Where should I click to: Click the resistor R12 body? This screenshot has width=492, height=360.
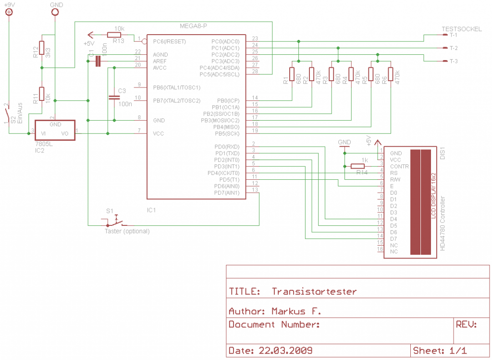(42, 48)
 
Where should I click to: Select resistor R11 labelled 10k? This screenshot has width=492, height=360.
(42, 94)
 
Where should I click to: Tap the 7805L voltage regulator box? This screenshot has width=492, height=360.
(55, 130)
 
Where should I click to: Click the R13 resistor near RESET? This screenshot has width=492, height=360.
(114, 35)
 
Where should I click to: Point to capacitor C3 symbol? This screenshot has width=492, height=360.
(114, 97)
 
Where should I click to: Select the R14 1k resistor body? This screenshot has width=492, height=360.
(357, 166)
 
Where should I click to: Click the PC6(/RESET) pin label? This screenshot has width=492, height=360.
(169, 42)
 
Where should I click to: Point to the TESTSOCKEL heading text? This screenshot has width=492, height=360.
(461, 29)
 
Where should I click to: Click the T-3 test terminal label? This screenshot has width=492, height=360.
(453, 61)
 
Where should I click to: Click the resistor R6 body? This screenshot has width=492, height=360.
(390, 74)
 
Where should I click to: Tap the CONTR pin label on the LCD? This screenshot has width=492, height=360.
(400, 167)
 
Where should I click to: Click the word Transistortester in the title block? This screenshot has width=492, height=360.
(314, 291)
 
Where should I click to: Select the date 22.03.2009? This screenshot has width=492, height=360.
(285, 349)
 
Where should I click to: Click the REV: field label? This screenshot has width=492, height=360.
(466, 324)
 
